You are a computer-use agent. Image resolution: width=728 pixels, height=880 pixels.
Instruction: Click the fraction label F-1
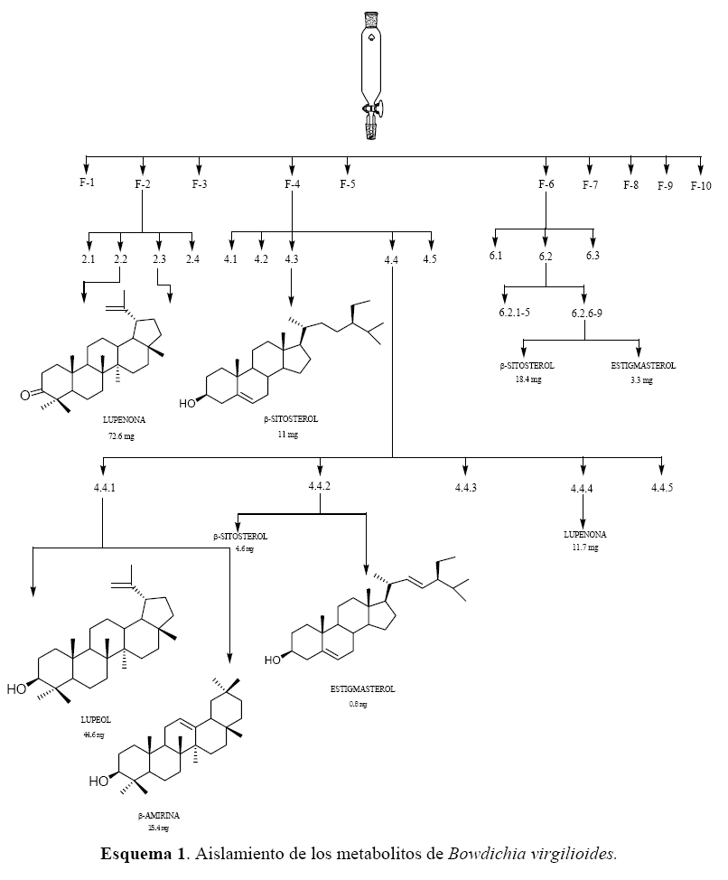pyautogui.click(x=87, y=184)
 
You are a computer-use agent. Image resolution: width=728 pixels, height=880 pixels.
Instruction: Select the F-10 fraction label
pyautogui.click(x=701, y=186)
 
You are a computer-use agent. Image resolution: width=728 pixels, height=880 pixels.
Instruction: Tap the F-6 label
pyautogui.click(x=546, y=184)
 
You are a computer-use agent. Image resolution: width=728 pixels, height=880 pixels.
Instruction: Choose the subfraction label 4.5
pyautogui.click(x=430, y=260)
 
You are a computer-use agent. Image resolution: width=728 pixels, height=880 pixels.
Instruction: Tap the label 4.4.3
pyautogui.click(x=466, y=488)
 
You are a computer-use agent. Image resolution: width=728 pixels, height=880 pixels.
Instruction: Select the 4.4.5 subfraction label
pyautogui.click(x=662, y=488)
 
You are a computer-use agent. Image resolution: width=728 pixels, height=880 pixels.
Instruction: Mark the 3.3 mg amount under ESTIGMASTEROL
pyautogui.click(x=641, y=380)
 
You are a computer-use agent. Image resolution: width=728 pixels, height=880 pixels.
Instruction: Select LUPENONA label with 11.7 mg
pyautogui.click(x=584, y=535)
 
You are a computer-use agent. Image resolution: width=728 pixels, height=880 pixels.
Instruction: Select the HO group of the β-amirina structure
pyautogui.click(x=99, y=782)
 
